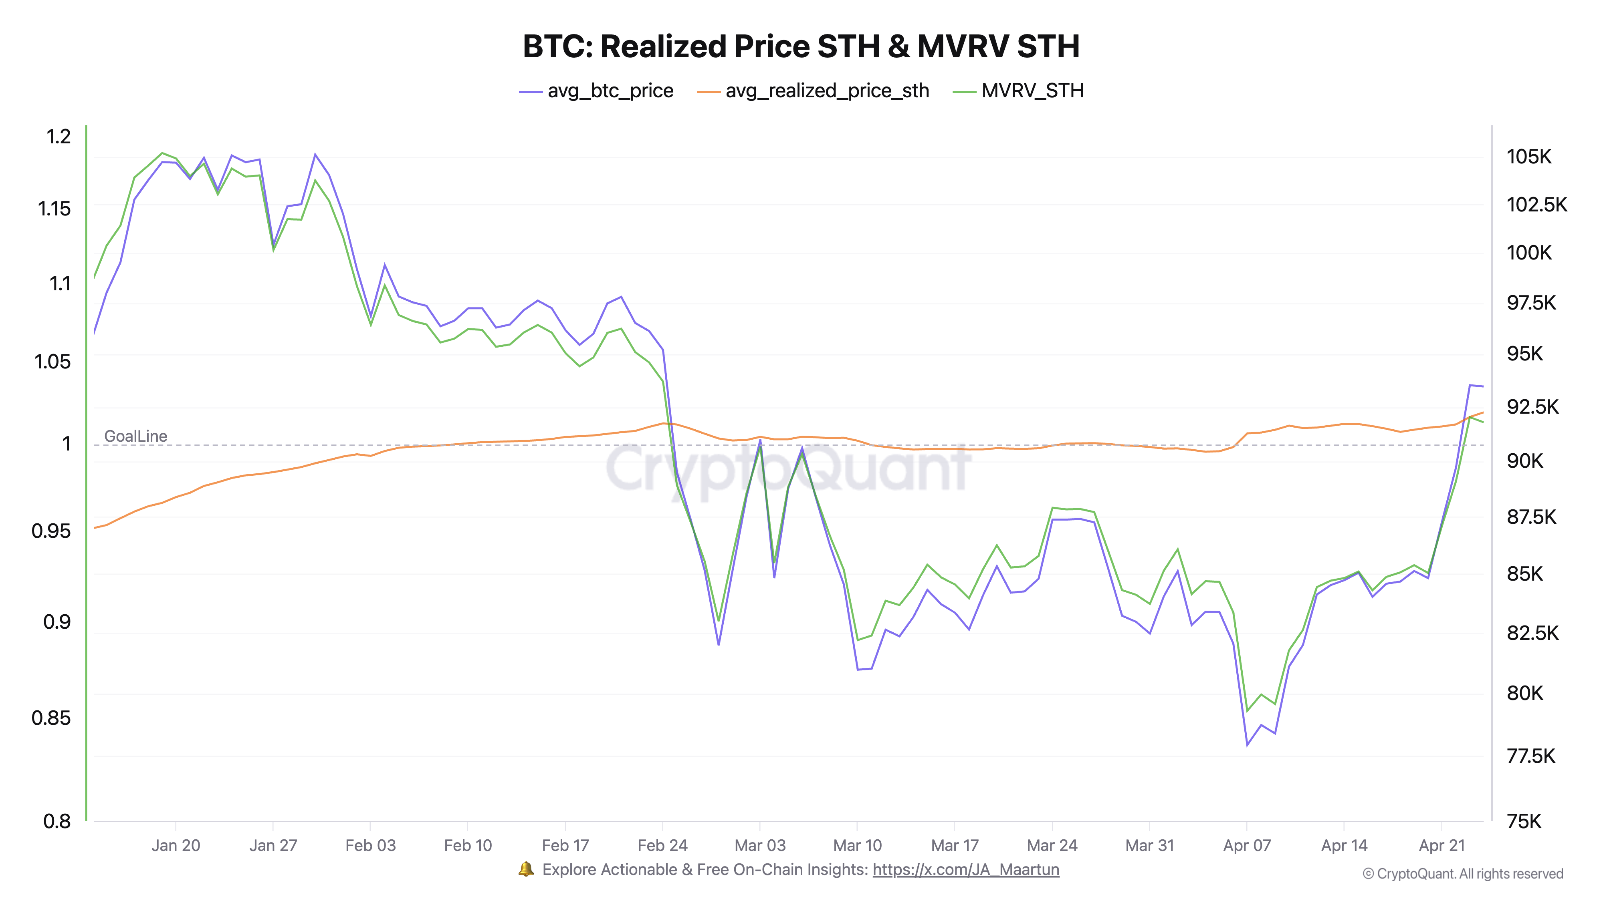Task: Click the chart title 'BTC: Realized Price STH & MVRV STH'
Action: pyautogui.click(x=801, y=46)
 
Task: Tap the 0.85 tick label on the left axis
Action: pyautogui.click(x=51, y=718)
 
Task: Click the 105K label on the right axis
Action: pyautogui.click(x=1528, y=157)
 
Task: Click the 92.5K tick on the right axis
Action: pyautogui.click(x=1532, y=407)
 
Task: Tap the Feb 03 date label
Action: pyautogui.click(x=370, y=846)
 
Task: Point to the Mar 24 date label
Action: pyautogui.click(x=1052, y=846)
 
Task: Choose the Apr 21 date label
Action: pyautogui.click(x=1441, y=846)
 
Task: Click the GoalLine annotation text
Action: pyautogui.click(x=136, y=436)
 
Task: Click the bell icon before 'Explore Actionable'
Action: pyautogui.click(x=526, y=869)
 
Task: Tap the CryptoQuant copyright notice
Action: pyautogui.click(x=1462, y=874)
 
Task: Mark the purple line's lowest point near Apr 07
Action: pyautogui.click(x=1247, y=745)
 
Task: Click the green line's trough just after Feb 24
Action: pyautogui.click(x=719, y=621)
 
